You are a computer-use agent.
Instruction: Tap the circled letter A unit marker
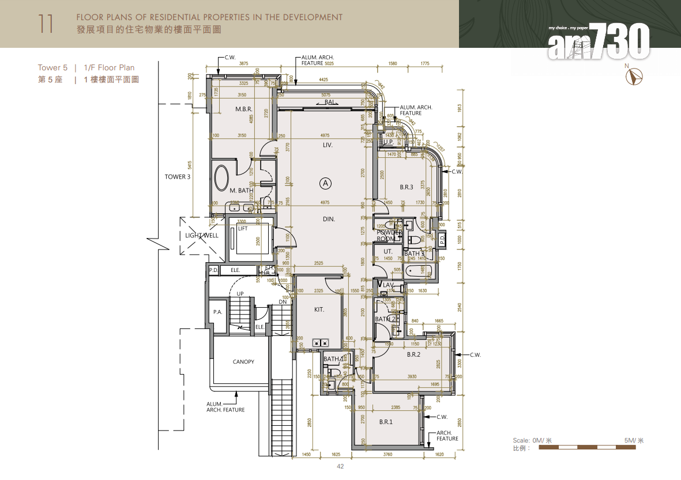coord(326,183)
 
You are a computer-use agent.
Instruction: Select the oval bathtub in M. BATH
coord(222,177)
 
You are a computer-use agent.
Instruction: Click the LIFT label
coord(243,229)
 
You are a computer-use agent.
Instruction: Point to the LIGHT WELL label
coord(201,236)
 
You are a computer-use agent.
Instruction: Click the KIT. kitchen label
coord(319,309)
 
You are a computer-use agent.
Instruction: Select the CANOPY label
coord(243,362)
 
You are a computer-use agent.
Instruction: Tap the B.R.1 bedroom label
coord(386,422)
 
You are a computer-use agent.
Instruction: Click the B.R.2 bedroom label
coord(413,354)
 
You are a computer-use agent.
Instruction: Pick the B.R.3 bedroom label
coord(407,187)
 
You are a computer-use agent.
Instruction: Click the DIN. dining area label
coord(329,219)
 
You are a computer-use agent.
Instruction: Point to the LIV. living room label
coord(328,146)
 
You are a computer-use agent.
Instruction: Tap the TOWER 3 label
coord(177,177)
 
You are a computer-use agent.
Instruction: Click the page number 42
coord(340,466)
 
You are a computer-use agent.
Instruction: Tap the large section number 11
coord(46,24)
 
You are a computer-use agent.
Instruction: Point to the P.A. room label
coord(217,312)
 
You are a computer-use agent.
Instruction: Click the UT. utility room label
coord(388,251)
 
